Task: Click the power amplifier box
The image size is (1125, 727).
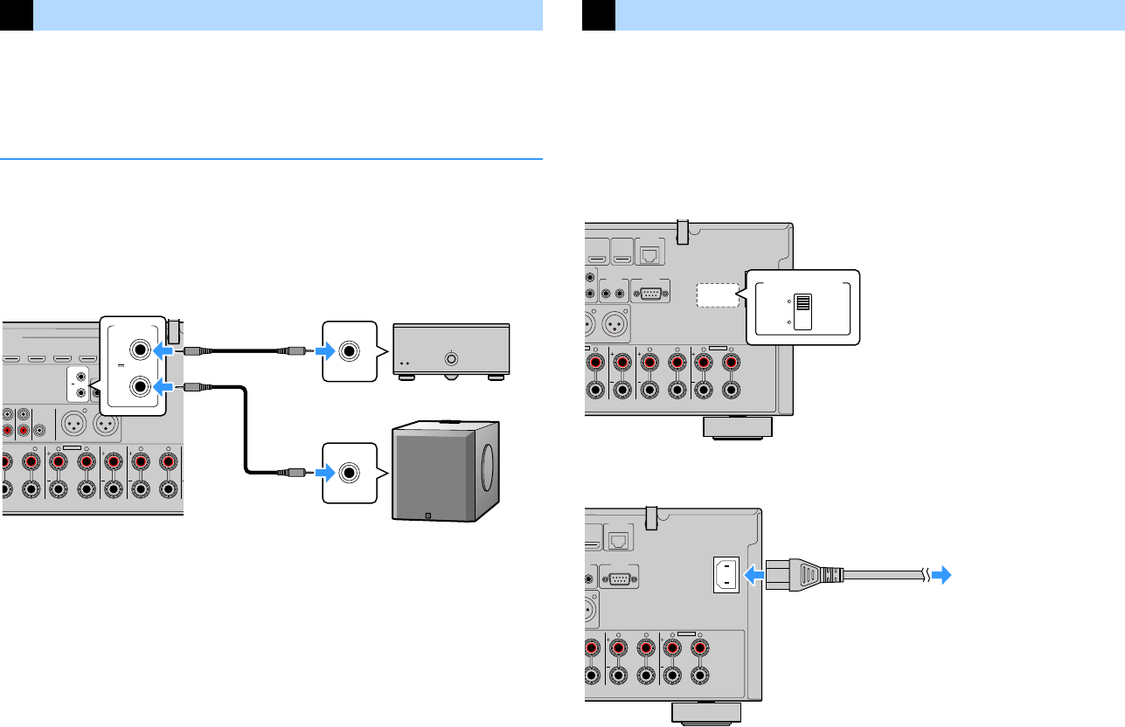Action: point(451,350)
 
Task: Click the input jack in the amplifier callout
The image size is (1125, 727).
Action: point(350,351)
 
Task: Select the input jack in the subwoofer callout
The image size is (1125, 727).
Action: point(350,473)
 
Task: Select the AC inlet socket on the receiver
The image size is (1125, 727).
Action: point(727,575)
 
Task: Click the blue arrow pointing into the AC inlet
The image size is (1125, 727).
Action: point(753,575)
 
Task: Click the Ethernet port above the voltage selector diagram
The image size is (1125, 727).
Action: point(651,255)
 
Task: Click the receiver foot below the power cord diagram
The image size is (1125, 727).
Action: point(706,713)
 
